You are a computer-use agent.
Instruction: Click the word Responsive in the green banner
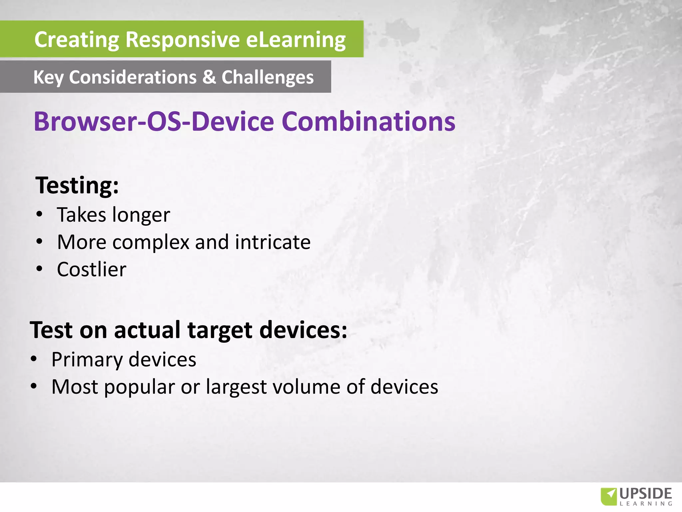[x=182, y=40]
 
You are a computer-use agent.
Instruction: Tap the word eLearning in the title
[x=296, y=40]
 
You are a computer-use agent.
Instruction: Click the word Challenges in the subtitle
[x=267, y=77]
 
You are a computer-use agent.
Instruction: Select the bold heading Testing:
[x=77, y=185]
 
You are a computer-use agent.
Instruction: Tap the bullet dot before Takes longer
[x=39, y=214]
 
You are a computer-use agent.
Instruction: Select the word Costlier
[x=92, y=269]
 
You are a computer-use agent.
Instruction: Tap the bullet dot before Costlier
[x=39, y=269]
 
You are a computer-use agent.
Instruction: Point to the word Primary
[x=87, y=360]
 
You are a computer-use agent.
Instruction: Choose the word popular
[x=140, y=387]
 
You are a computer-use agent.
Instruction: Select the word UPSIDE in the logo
[x=646, y=494]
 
